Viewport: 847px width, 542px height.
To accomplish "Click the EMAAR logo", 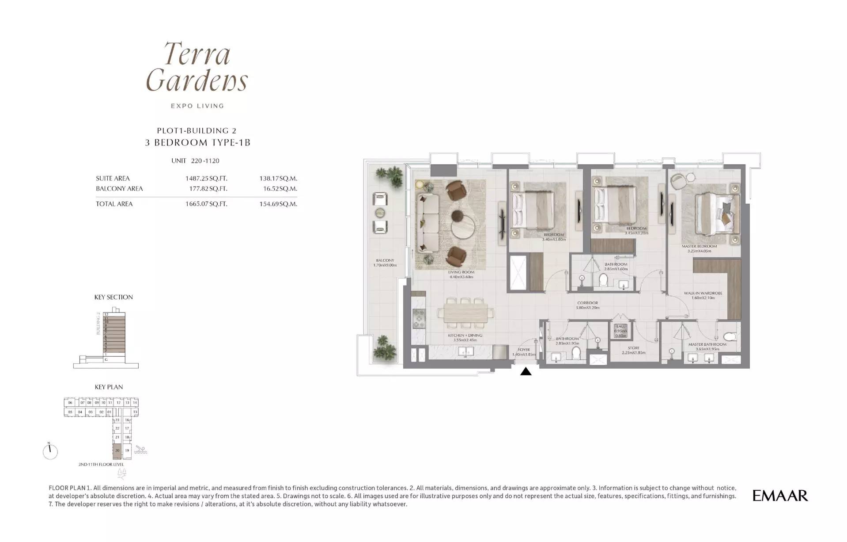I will (x=780, y=496).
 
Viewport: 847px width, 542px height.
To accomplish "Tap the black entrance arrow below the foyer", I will (x=526, y=371).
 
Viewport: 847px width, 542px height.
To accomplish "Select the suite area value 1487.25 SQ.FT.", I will (x=206, y=179).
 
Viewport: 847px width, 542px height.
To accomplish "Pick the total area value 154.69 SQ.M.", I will (x=278, y=204).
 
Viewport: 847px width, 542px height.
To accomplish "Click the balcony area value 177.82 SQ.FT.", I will (x=206, y=189).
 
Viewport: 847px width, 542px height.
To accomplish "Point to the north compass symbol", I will (x=50, y=451).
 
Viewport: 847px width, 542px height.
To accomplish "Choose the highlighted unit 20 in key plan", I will (x=117, y=451).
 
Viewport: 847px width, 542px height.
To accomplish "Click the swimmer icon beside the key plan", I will (x=140, y=450).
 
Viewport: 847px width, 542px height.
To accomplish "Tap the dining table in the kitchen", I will (x=463, y=311).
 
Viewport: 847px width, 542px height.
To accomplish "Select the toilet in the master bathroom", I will (x=730, y=336).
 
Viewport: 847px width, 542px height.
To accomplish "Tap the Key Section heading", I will (x=113, y=297).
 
